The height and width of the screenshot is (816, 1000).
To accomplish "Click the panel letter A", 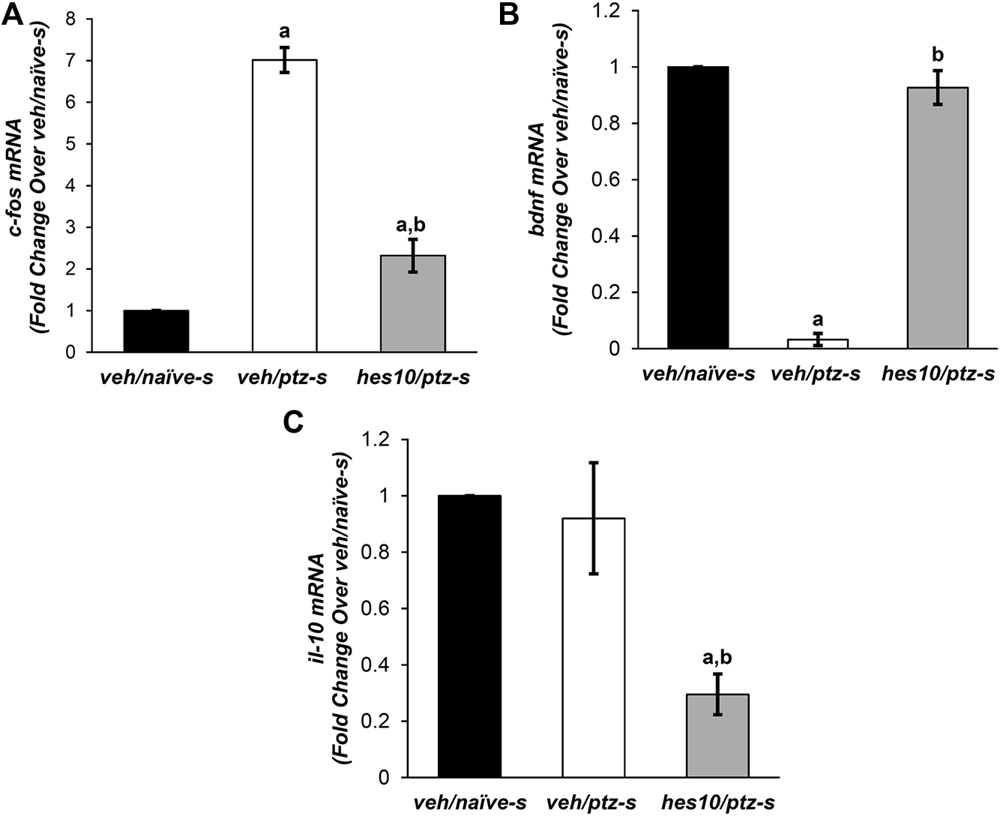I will [x=13, y=15].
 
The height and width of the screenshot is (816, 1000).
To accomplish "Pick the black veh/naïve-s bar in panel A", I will [x=156, y=331].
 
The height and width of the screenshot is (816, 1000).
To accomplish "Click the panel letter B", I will [x=510, y=15].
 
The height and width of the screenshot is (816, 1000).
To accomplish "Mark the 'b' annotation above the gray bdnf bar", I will [x=938, y=55].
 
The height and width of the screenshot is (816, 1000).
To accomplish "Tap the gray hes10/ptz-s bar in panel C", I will [x=717, y=736].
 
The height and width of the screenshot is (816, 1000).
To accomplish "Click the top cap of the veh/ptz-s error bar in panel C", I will [x=593, y=463].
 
